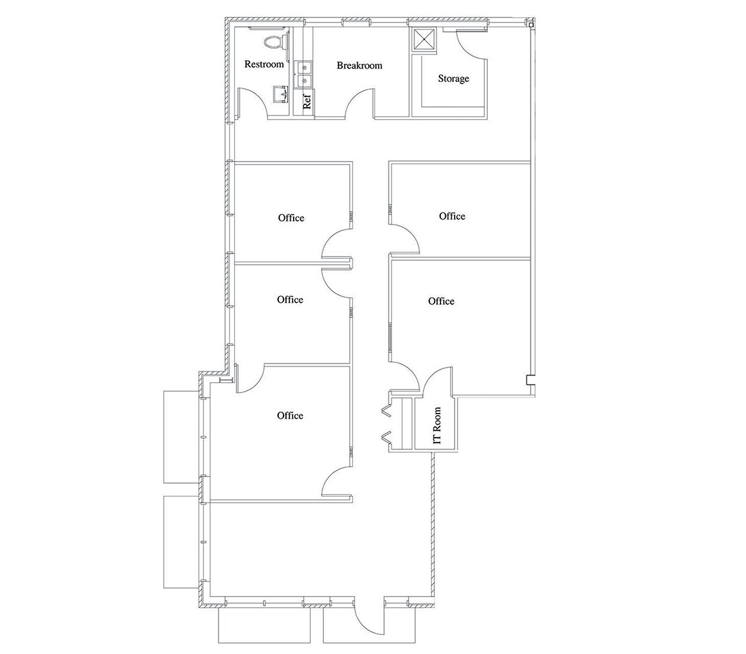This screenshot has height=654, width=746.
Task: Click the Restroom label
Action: tap(264, 64)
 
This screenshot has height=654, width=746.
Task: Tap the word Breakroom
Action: tap(359, 66)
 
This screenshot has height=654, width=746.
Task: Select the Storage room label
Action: tap(454, 78)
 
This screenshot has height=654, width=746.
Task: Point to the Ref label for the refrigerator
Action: tap(307, 101)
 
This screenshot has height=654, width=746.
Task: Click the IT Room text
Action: tap(437, 425)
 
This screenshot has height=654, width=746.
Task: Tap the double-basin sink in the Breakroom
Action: tap(304, 75)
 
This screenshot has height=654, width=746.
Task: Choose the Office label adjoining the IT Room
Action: tap(441, 302)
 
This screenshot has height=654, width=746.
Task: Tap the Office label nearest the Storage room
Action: tap(452, 216)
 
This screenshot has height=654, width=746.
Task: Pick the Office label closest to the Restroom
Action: tap(291, 218)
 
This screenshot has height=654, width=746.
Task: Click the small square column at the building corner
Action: tap(531, 25)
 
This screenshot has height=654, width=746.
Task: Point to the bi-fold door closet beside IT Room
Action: tap(398, 423)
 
